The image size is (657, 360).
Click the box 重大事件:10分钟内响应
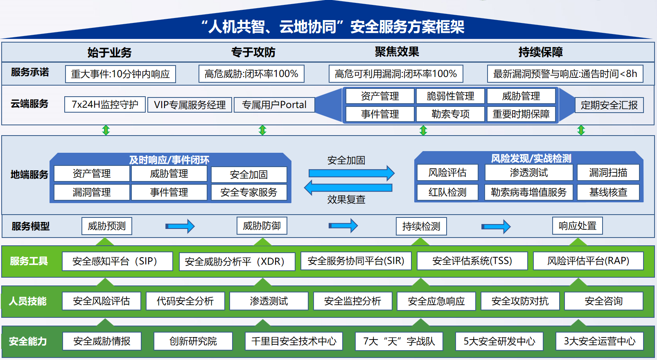pos(120,74)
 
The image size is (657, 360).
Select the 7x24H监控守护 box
pos(105,104)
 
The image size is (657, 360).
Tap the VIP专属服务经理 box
pos(190,105)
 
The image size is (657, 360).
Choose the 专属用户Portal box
pos(274,105)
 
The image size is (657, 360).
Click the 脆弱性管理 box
pos(450,96)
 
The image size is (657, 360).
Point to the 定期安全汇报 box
pos(609,105)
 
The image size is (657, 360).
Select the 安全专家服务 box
pos(249,192)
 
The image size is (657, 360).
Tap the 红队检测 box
pos(447,192)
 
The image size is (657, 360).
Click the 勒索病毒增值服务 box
pos(528,192)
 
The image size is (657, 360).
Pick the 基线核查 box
pos(608,192)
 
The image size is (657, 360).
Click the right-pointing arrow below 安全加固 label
pos(351,173)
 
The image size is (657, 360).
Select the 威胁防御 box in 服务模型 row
pos(262,226)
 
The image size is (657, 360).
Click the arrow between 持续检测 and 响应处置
pos(496,226)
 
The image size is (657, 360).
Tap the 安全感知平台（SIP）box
pos(117,261)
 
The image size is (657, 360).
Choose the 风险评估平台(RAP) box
pos(588,261)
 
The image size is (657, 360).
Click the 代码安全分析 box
pos(185,301)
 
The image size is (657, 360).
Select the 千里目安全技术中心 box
pos(294,341)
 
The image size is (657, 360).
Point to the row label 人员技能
pos(28,301)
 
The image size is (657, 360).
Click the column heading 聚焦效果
pos(397,52)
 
